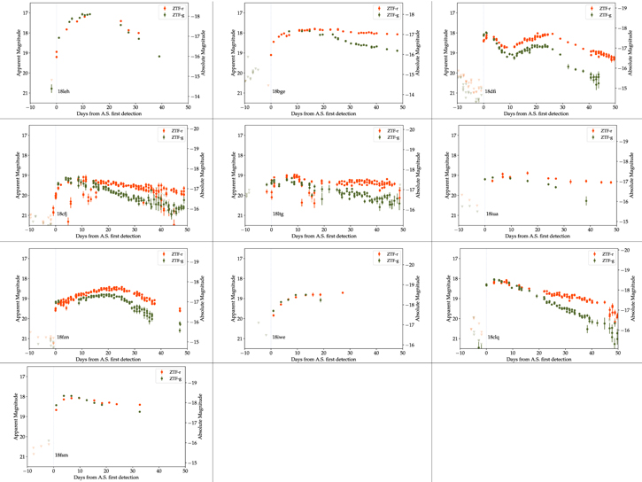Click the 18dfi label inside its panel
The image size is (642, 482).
click(x=491, y=91)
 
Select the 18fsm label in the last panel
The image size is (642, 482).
click(x=62, y=455)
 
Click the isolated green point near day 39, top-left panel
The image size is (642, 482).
click(x=159, y=57)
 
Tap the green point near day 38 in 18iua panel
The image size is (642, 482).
click(x=586, y=201)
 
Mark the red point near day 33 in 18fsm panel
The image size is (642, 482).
click(x=140, y=406)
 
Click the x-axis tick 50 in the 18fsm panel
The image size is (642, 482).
click(x=186, y=470)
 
